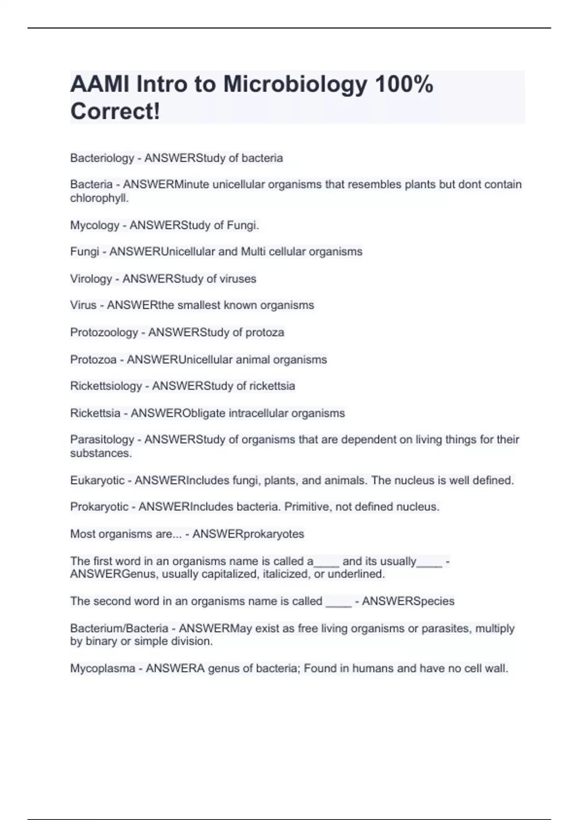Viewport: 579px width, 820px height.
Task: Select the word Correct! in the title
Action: tap(115, 111)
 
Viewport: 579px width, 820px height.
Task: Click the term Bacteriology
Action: tap(102, 158)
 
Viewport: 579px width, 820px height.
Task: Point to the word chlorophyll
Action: tap(99, 198)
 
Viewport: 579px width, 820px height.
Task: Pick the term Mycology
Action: tap(95, 225)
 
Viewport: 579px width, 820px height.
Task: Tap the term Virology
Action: tap(91, 279)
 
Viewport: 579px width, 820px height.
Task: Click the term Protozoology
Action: tap(104, 332)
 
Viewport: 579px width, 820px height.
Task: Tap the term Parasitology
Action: tap(102, 439)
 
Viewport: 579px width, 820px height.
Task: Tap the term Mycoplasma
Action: tap(102, 669)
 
